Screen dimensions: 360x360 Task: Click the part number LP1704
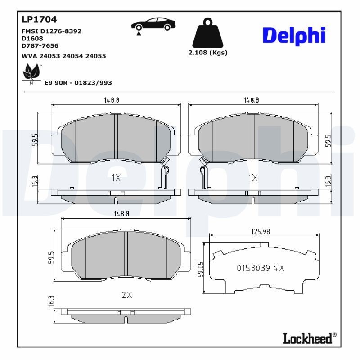click(x=39, y=19)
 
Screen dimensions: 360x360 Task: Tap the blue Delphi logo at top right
click(x=293, y=36)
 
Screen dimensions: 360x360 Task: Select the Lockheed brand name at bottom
click(x=309, y=338)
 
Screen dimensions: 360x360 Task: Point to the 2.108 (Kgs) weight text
click(x=207, y=53)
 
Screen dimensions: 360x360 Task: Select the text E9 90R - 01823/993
click(x=78, y=83)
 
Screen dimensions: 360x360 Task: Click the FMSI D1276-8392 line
click(x=51, y=31)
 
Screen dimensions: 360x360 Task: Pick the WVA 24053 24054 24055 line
click(x=63, y=56)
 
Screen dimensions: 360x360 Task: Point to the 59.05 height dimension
click(x=201, y=269)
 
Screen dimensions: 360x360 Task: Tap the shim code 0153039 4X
click(x=260, y=268)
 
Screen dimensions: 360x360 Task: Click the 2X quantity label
click(x=127, y=295)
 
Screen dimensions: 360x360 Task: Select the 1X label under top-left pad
click(x=116, y=178)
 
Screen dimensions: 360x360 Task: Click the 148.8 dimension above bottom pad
click(x=121, y=214)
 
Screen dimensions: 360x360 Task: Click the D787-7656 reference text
click(x=40, y=45)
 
